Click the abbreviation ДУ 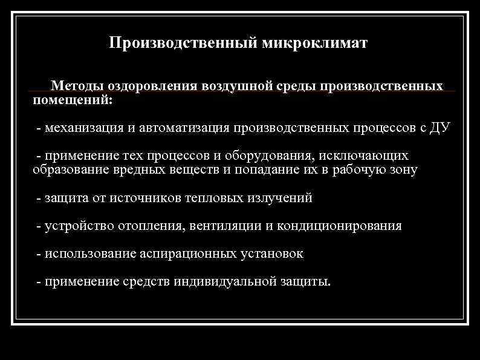click(437, 128)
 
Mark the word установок click(270, 254)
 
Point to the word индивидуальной click(224, 282)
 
